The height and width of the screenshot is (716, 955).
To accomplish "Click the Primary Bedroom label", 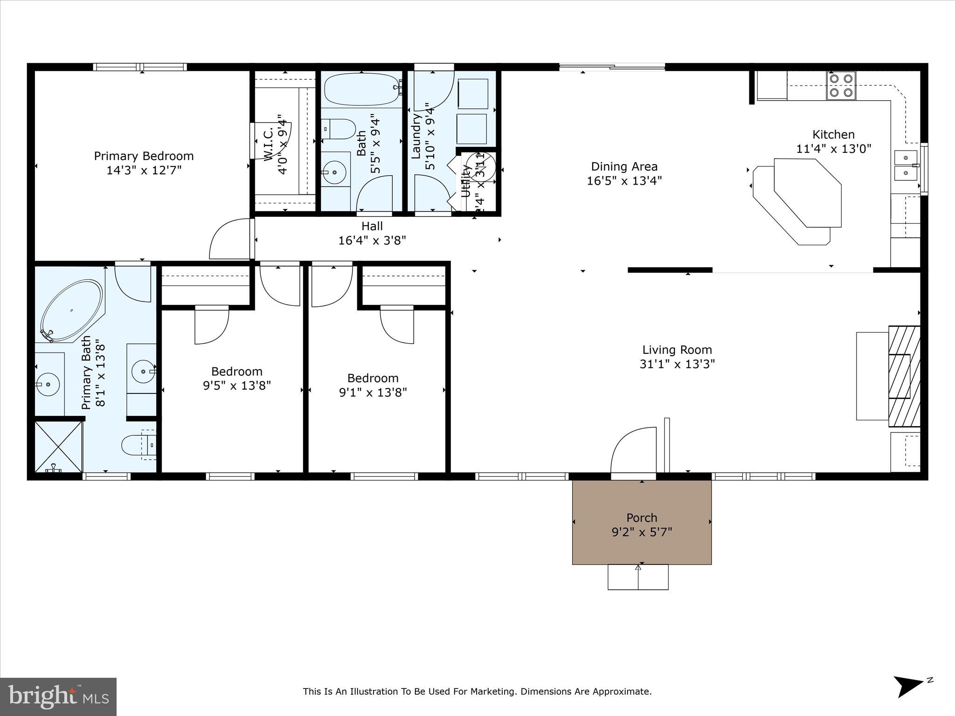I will click(x=144, y=156).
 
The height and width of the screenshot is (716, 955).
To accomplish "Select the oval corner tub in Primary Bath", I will click(x=71, y=310).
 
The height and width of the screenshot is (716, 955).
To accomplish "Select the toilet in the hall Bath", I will click(x=339, y=129).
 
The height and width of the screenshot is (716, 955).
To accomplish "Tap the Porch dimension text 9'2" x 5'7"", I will click(x=642, y=532).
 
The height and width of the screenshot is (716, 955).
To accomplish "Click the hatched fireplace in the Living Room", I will click(x=904, y=376).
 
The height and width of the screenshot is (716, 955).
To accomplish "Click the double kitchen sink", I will click(x=906, y=165).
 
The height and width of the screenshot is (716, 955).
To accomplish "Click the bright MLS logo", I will click(x=58, y=696).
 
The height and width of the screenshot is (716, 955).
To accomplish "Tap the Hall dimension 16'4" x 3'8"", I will click(x=372, y=241).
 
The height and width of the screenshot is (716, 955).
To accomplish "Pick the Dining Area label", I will click(x=624, y=166).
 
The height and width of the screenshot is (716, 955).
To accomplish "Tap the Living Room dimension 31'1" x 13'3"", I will click(x=677, y=364).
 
